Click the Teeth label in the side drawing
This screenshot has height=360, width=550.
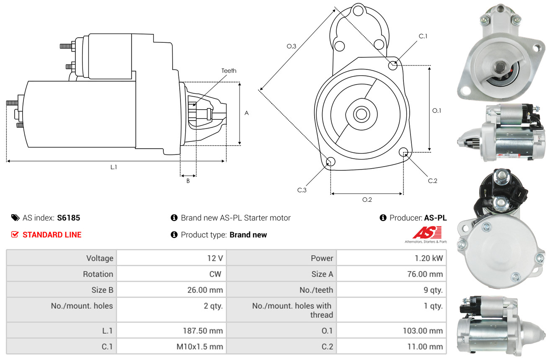(x=229, y=71)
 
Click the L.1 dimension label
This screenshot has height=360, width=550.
(x=114, y=167)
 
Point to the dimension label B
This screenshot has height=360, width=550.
(x=188, y=181)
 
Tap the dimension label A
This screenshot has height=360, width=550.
(x=247, y=113)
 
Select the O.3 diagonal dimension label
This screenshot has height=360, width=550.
(x=292, y=46)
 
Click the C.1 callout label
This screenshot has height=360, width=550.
(x=423, y=36)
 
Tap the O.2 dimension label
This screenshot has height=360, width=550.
(x=367, y=200)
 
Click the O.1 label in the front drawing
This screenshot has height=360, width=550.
(x=436, y=111)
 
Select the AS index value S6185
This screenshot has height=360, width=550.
(x=69, y=218)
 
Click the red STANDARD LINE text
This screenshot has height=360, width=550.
(x=52, y=235)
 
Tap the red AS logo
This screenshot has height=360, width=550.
(x=427, y=233)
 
